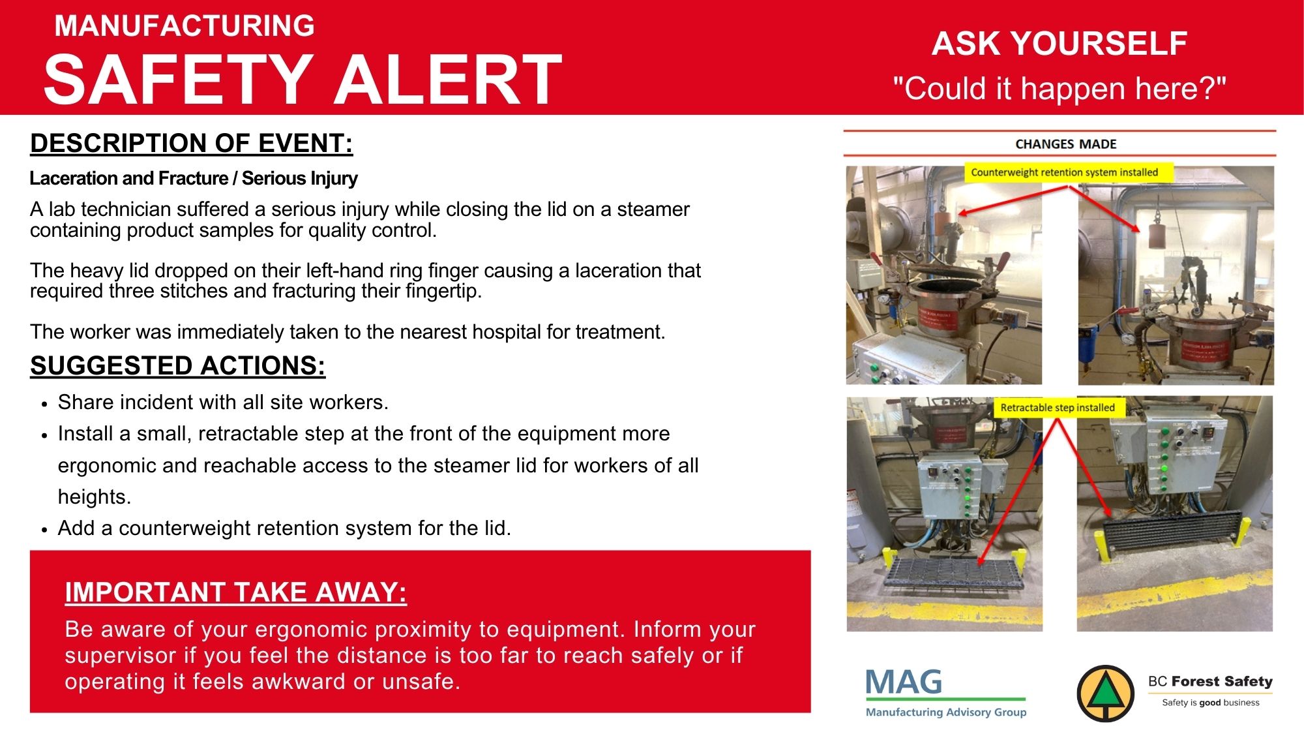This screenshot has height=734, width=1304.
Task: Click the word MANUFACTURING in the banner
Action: tap(185, 26)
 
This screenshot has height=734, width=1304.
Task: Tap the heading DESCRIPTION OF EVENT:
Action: tap(191, 143)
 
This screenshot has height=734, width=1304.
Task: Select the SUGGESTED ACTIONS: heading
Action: tap(177, 365)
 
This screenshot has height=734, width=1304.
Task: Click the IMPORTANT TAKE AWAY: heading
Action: tap(235, 592)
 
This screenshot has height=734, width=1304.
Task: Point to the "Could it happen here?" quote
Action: tap(1059, 88)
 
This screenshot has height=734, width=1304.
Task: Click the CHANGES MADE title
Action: tap(1066, 144)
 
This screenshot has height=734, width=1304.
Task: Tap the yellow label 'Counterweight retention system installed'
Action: tap(1065, 172)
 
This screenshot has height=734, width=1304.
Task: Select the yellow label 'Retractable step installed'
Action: tap(1058, 408)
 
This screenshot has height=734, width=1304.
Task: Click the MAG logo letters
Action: tap(904, 682)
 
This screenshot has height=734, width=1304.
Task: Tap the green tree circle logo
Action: tap(1105, 694)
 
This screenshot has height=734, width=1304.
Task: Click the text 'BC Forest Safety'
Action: tap(1210, 681)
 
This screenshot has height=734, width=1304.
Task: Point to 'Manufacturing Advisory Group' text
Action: tap(946, 712)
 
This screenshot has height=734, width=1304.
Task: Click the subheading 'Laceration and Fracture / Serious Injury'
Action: tap(194, 178)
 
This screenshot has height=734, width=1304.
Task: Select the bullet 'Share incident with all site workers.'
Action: tap(223, 402)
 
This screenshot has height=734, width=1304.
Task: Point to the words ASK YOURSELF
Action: tap(1059, 44)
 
